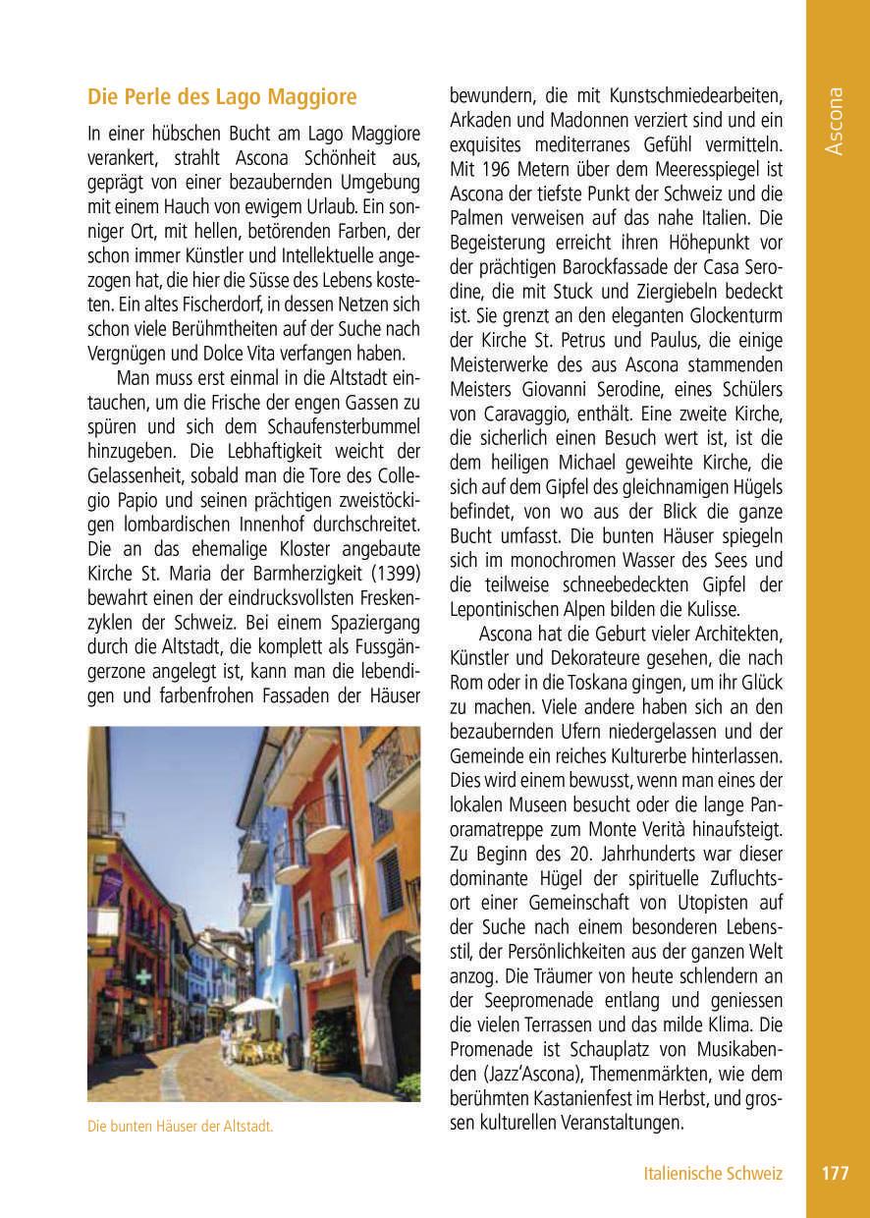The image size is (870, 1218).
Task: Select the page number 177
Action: (836, 1173)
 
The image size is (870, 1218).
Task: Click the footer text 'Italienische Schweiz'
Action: (713, 1173)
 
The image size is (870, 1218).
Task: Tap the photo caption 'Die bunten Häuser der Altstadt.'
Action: (180, 1127)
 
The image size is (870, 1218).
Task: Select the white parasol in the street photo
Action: (253, 1005)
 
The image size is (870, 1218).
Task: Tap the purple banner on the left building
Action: (111, 885)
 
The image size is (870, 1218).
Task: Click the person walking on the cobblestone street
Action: (227, 1043)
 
